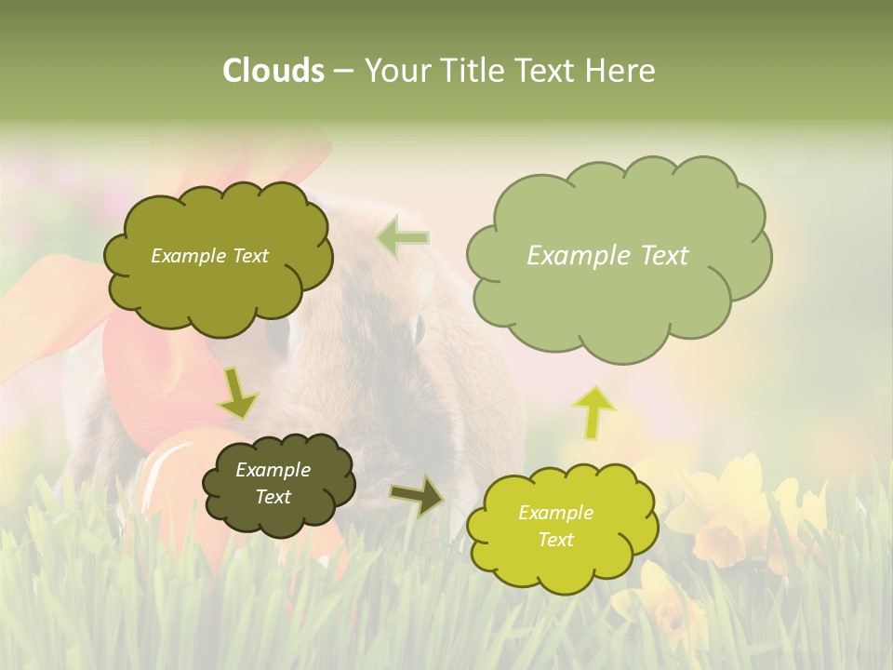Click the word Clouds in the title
273,71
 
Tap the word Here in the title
621,71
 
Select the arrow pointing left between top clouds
403,237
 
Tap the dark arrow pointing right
417,495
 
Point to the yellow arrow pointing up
594,411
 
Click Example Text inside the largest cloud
607,256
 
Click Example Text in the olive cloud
209,256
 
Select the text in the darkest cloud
273,483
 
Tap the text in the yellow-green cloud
555,526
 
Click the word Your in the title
396,71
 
